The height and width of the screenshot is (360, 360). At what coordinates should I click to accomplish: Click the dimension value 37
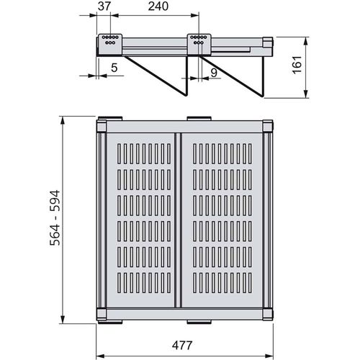[x=104, y=6]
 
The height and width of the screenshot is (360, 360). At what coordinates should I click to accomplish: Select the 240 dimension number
[x=158, y=6]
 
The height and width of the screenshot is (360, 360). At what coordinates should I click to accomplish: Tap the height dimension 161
[x=297, y=65]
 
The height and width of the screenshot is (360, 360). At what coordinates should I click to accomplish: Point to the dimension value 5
[x=114, y=68]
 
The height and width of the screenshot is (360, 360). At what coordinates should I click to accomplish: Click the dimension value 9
[x=214, y=73]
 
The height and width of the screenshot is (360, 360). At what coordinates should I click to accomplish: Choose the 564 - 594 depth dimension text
[x=55, y=218]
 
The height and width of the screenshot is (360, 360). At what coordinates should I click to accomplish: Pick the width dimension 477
[x=182, y=346]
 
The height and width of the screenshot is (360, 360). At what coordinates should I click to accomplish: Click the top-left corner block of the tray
[x=102, y=126]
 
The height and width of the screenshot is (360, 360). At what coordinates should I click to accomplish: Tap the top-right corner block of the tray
[x=268, y=126]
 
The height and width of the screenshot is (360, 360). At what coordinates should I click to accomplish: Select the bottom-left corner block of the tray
[x=102, y=314]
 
